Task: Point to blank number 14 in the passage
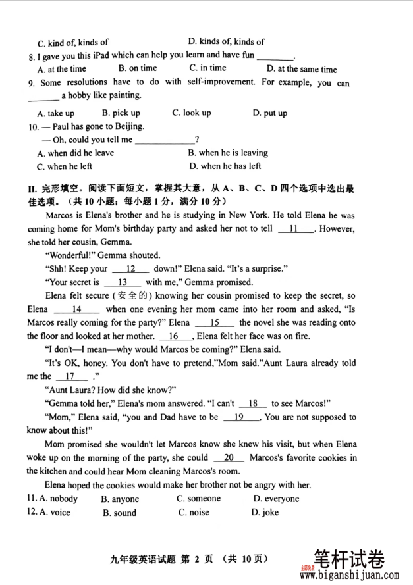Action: point(76,309)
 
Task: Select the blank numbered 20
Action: point(229,458)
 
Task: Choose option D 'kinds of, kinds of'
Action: point(226,42)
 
